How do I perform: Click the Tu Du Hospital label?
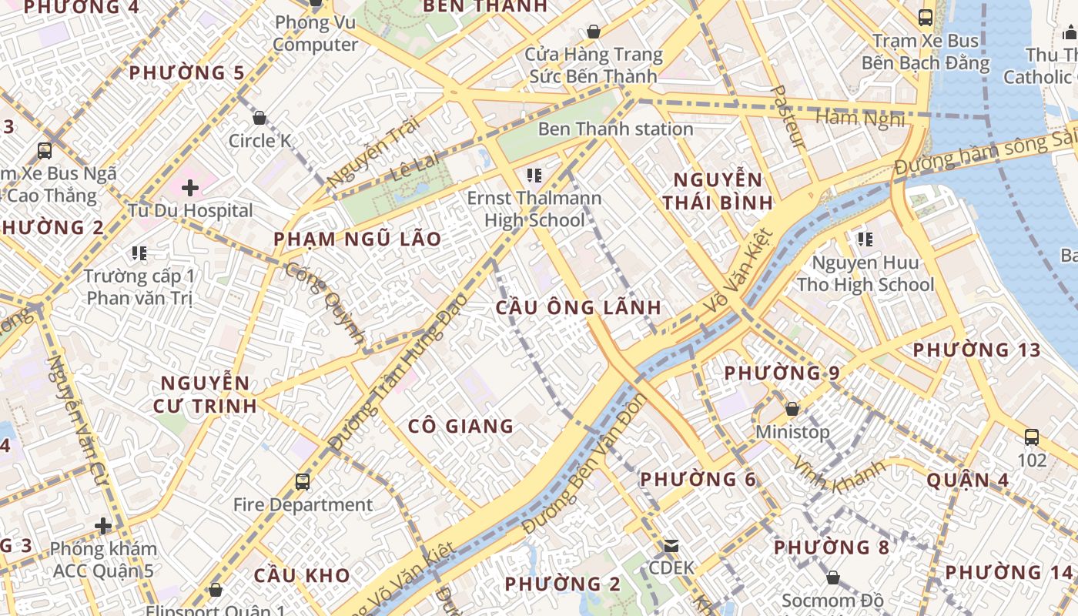[x=190, y=210]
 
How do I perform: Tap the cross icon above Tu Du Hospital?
[x=190, y=187]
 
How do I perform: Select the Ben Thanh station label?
[x=615, y=129]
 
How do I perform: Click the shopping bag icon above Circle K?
[x=259, y=118]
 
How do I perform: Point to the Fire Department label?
[x=303, y=505]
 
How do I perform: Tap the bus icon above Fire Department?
[x=303, y=482]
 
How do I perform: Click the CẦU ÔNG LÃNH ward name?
[x=578, y=308]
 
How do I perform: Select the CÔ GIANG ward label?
[x=460, y=426]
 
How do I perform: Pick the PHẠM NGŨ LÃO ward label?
[x=357, y=239]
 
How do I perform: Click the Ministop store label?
[x=792, y=432]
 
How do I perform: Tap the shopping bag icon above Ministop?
[x=792, y=409]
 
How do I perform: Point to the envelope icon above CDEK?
[x=671, y=546]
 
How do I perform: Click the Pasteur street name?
[x=788, y=117]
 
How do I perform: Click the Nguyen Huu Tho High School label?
[x=865, y=274]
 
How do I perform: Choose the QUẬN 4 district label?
[x=967, y=480]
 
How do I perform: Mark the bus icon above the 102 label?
[x=1032, y=437]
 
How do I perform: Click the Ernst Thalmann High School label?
[x=534, y=209]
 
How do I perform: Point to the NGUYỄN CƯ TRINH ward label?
[x=205, y=394]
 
